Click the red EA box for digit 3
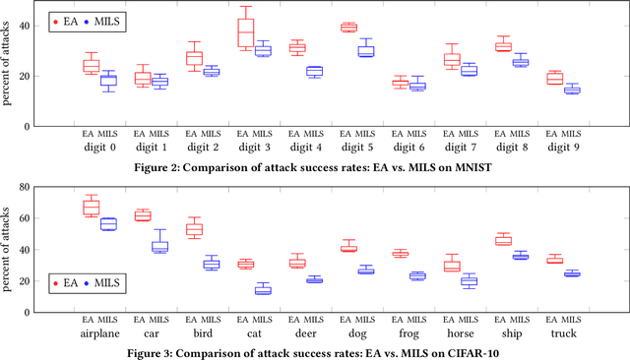point(246,32)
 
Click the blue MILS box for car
point(159,246)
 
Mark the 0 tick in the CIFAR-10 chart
point(41,309)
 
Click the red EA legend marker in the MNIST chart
point(56,20)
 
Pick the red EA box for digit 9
point(555,78)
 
